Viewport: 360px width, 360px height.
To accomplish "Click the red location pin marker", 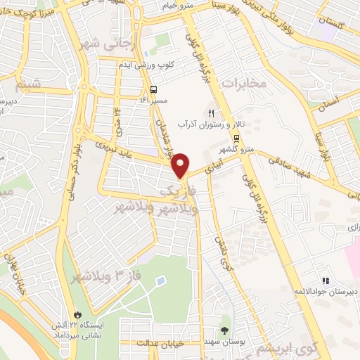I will [181, 165].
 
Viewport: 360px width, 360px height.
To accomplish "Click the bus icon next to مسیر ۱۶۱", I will [153, 89].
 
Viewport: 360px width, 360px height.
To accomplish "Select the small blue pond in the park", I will [162, 281].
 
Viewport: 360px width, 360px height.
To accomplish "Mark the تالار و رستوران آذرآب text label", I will [211, 124].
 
